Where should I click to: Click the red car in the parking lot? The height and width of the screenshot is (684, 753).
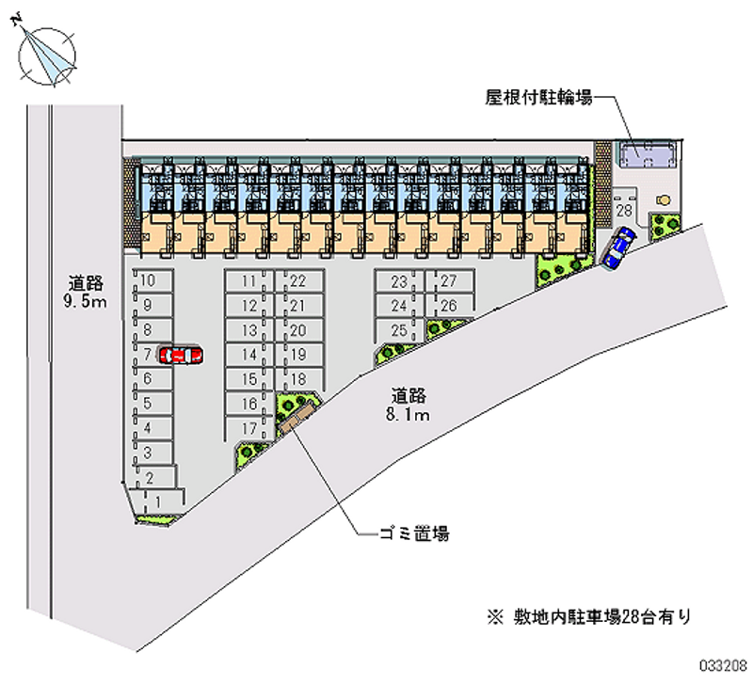point(181,356)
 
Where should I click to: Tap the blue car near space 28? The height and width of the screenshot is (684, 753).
point(618,247)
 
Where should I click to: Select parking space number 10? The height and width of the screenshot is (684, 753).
point(152,279)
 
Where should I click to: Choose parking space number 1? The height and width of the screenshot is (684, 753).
point(158,501)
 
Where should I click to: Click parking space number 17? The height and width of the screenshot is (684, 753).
point(248,429)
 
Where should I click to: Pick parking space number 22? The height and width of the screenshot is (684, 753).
point(299,280)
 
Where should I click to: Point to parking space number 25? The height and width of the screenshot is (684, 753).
point(399,330)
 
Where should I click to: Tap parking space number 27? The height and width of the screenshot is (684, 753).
point(449,280)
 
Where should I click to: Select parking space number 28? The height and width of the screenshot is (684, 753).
point(624,210)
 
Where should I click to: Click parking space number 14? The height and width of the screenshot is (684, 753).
point(248,355)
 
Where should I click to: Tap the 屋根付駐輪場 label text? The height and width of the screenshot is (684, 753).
point(538,98)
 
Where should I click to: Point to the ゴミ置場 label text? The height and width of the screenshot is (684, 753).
point(414,533)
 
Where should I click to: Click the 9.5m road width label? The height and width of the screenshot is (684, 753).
point(85,302)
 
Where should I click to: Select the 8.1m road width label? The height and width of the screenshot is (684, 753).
point(408,414)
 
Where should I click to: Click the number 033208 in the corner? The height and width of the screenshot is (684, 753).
point(723,666)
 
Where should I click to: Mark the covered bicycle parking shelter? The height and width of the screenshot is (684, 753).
point(646,153)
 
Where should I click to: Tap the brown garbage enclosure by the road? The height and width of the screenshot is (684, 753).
point(297,417)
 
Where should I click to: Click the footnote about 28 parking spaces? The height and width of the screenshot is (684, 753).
point(590,616)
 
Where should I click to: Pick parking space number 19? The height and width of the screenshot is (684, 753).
point(299,355)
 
